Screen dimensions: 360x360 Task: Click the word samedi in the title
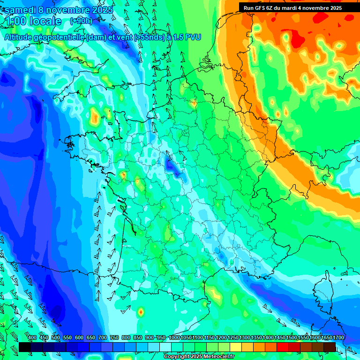pos(20,9)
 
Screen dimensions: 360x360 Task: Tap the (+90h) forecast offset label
pos(81,21)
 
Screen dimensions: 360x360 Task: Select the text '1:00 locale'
pos(33,21)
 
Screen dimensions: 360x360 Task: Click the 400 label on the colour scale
pos(32,337)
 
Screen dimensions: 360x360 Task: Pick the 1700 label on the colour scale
pos(338,337)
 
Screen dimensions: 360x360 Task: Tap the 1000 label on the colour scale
pos(174,337)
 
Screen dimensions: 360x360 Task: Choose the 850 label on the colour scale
pos(138,337)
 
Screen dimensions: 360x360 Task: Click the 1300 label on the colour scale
pos(245,337)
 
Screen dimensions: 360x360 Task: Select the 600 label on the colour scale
pos(79,337)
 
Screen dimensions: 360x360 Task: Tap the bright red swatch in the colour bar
pos(283,346)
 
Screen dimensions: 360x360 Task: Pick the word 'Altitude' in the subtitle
pos(20,37)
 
